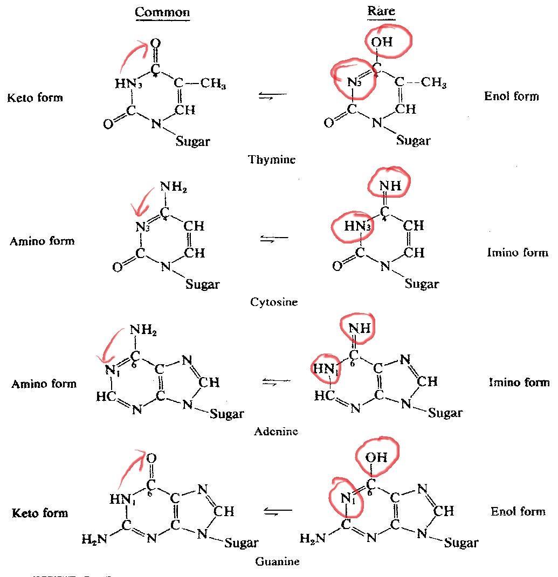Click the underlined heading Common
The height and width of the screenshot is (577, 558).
click(x=162, y=12)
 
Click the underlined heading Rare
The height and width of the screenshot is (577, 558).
click(x=381, y=11)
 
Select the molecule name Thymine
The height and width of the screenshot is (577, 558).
click(x=272, y=159)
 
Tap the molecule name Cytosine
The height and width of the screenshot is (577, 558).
click(x=274, y=302)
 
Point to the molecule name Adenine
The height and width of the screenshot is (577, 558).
click(x=276, y=431)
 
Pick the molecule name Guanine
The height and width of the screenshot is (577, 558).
click(x=277, y=561)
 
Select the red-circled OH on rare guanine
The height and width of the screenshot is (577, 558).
click(x=376, y=457)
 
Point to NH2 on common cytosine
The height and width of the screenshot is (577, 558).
click(x=173, y=189)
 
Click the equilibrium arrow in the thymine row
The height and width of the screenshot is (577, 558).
click(x=273, y=95)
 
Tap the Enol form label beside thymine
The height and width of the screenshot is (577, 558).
click(x=512, y=96)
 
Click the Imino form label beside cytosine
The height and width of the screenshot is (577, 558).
click(x=518, y=252)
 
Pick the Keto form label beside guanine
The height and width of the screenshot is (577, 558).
click(x=40, y=513)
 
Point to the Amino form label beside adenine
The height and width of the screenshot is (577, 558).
click(x=44, y=384)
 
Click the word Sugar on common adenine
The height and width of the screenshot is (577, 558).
click(x=227, y=414)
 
